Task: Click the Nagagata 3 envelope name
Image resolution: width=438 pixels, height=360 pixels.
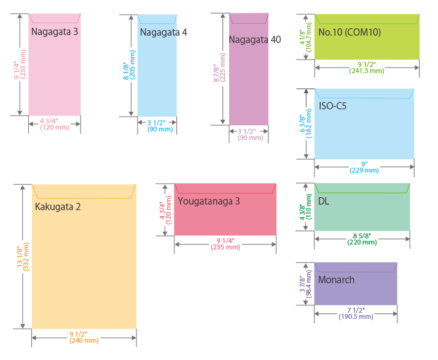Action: [x=54, y=31]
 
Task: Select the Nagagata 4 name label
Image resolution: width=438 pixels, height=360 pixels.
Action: [x=163, y=32]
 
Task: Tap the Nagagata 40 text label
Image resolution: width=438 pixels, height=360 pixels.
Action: [x=254, y=40]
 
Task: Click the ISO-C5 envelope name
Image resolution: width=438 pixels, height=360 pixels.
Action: [x=332, y=106]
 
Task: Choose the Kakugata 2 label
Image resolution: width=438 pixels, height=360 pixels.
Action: [x=58, y=206]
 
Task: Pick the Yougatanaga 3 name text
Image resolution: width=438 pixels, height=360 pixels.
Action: [x=208, y=201]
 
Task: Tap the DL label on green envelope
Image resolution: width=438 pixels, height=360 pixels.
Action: [x=324, y=201]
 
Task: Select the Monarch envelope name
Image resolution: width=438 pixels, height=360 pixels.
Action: [x=336, y=280]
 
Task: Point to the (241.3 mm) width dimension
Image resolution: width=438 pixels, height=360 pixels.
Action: [x=366, y=71]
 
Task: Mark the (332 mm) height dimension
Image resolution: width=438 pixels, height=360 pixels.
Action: [x=26, y=257]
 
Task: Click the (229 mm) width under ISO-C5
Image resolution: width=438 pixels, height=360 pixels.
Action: [x=365, y=170]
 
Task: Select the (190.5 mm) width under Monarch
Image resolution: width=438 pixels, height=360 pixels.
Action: [x=356, y=316]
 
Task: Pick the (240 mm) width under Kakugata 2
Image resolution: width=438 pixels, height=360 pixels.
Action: [x=84, y=340]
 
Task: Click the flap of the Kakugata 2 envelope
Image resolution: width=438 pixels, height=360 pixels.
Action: [x=84, y=191]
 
